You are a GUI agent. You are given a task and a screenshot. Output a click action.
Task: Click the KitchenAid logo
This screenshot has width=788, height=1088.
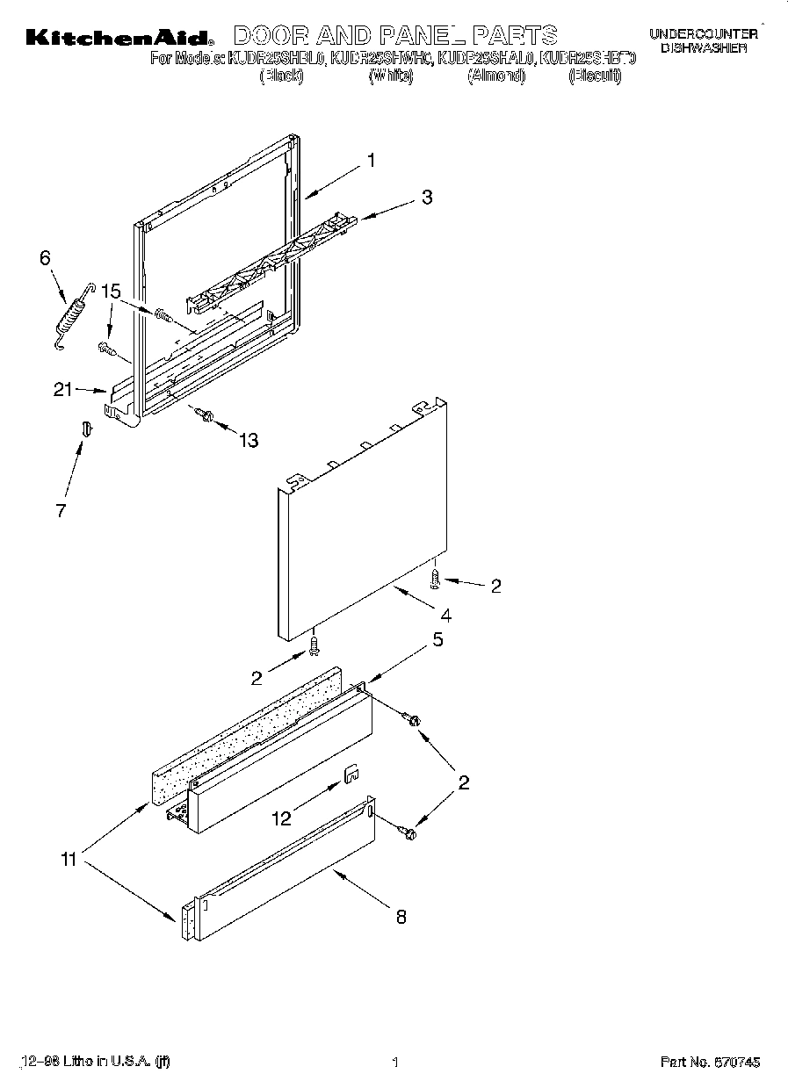coord(119,37)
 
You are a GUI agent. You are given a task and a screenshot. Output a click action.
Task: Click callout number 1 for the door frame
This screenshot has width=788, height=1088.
coord(372,161)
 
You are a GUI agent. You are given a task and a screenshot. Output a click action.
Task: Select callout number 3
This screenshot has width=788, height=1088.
coord(426,198)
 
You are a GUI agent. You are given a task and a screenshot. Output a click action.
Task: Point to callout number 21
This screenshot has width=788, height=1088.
coord(62,391)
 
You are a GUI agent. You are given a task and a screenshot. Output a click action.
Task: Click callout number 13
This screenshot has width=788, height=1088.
coord(249,441)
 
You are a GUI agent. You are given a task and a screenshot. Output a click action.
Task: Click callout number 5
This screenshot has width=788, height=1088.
coord(437,640)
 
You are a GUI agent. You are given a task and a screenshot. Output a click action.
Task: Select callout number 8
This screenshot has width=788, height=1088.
coord(401,917)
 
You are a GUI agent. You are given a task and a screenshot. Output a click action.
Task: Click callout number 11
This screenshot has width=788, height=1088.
coord(69,860)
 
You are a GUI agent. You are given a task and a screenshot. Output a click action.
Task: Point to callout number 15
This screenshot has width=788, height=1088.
coord(110,291)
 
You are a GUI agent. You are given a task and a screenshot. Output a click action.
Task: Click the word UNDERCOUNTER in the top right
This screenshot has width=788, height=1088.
coord(703,34)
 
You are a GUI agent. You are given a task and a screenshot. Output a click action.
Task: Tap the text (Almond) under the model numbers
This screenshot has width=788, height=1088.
coord(495,77)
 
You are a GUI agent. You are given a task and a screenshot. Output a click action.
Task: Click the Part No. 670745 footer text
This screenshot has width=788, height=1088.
coord(710,1063)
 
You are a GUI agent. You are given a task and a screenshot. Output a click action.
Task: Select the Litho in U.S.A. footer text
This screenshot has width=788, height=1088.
coord(94,1063)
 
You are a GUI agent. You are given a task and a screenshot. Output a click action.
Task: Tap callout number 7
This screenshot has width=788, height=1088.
coord(61,510)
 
